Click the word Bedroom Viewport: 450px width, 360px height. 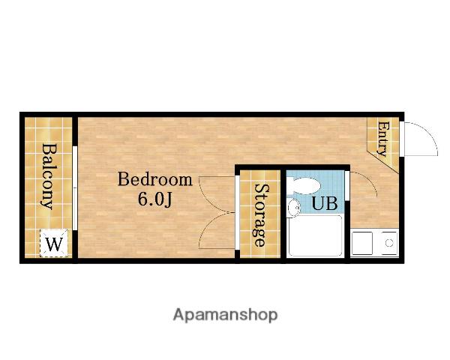click(x=155, y=179)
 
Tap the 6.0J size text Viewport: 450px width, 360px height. click(x=155, y=199)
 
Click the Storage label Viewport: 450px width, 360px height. click(x=261, y=215)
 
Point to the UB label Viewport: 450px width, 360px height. click(x=324, y=203)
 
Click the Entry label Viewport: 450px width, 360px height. click(x=382, y=139)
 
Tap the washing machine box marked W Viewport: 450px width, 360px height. click(x=54, y=243)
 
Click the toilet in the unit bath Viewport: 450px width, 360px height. click(x=304, y=186)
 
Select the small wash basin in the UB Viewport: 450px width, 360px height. click(x=293, y=207)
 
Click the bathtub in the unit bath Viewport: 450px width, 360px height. click(x=316, y=235)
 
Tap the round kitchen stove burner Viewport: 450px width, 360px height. click(x=389, y=243)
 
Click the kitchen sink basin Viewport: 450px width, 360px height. click(x=362, y=244)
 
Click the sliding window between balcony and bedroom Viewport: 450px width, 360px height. click(x=75, y=188)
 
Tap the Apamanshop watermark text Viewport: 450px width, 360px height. click(x=225, y=315)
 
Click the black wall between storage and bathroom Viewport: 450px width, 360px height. click(x=283, y=214)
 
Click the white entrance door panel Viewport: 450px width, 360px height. click(x=402, y=139)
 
